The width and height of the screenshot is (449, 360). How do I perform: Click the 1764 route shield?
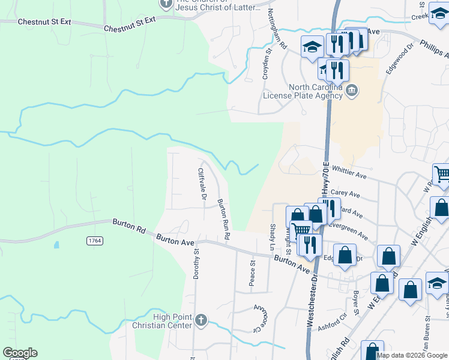[x=95, y=241]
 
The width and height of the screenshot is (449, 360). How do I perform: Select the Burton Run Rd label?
[x=223, y=219]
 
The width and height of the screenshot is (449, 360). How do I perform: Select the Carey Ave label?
[x=345, y=194]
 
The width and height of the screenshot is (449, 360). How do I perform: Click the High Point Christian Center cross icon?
[x=201, y=320]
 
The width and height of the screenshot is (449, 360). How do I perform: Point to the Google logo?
[x=20, y=353]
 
